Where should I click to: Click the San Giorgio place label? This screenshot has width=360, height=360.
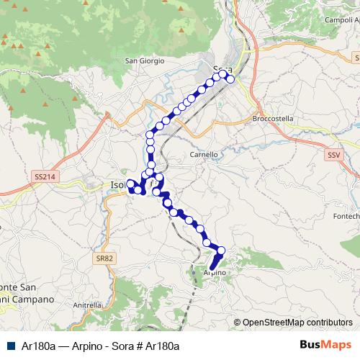click(145, 60)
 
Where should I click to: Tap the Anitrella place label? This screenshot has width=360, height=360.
click(87, 305)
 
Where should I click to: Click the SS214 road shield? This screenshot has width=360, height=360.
click(44, 176)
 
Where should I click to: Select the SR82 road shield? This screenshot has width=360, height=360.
click(106, 258)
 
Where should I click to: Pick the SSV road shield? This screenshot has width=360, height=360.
click(333, 155)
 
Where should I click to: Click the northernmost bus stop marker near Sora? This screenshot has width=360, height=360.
click(223, 73)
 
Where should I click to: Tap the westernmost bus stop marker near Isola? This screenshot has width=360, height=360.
click(130, 183)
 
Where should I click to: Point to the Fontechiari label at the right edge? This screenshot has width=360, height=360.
click(346, 216)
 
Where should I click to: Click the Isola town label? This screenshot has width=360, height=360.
click(117, 185)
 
